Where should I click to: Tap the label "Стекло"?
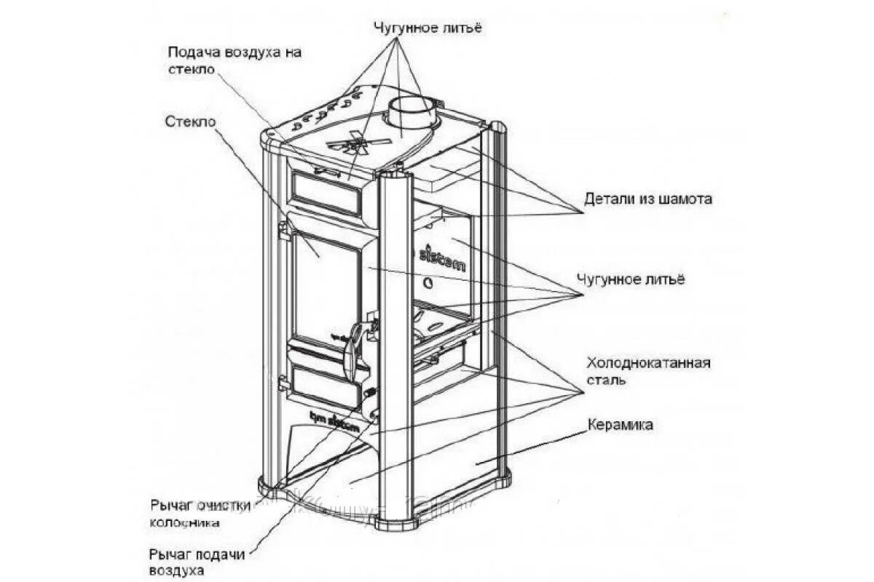pyautogui.click(x=190, y=121)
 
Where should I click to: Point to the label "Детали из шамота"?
pyautogui.click(x=647, y=199)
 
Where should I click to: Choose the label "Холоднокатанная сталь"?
pyautogui.click(x=647, y=371)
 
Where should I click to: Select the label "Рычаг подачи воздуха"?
pyautogui.click(x=197, y=562)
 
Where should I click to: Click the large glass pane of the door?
pyautogui.click(x=326, y=288)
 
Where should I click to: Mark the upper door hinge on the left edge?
pyautogui.click(x=284, y=231)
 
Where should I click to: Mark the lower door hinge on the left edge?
pyautogui.click(x=283, y=383)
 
